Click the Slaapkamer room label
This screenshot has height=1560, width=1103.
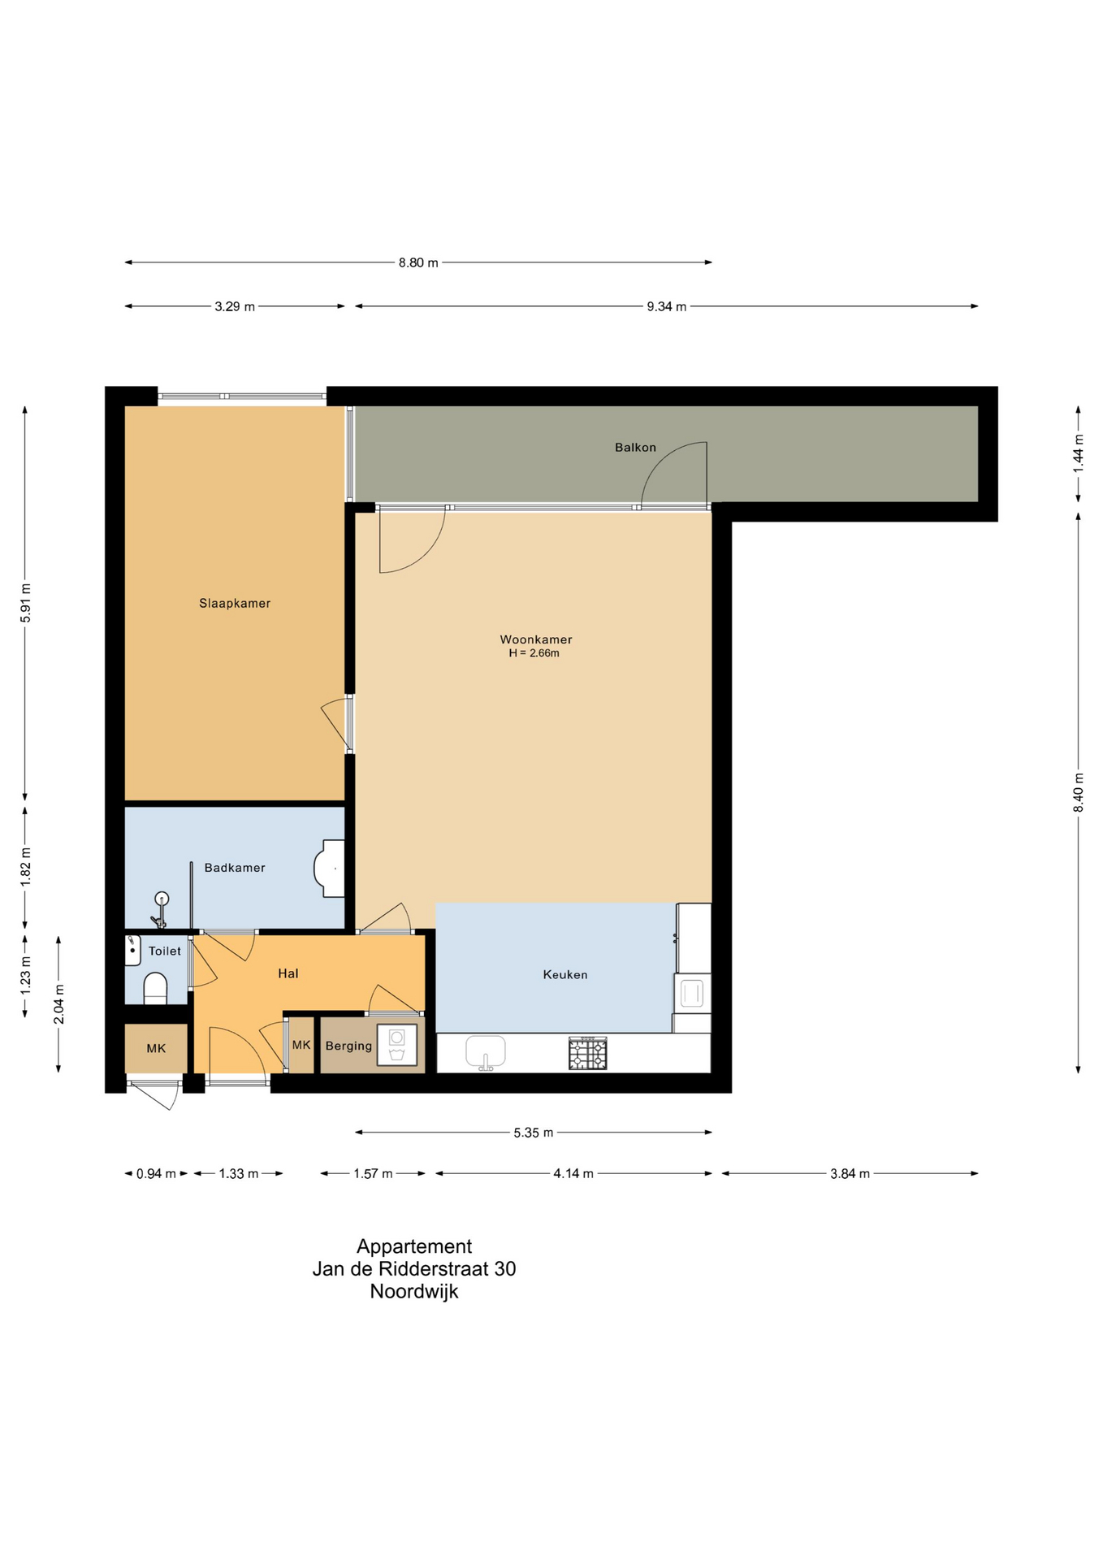(x=235, y=603)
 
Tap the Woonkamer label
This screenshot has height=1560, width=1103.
(x=536, y=639)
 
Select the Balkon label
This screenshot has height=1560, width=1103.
(x=635, y=447)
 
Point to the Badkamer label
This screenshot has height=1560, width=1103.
(x=235, y=868)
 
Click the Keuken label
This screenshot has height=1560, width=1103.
(x=565, y=974)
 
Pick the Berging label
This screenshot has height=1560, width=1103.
(x=348, y=1046)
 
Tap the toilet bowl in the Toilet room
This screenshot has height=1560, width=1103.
(x=155, y=989)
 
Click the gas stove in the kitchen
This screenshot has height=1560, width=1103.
(x=588, y=1054)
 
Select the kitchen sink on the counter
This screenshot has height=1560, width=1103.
(x=486, y=1053)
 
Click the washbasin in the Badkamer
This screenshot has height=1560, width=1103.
(x=329, y=869)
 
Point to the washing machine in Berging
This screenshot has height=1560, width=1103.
(x=397, y=1045)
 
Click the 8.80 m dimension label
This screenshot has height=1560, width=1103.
(x=418, y=262)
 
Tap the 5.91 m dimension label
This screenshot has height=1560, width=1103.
(x=25, y=603)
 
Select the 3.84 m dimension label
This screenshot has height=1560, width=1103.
(x=850, y=1173)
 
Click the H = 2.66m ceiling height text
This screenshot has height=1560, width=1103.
(x=534, y=652)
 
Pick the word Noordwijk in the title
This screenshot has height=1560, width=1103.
(x=414, y=1291)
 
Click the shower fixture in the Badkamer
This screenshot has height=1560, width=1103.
(x=160, y=909)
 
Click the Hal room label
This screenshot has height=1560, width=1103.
(x=288, y=973)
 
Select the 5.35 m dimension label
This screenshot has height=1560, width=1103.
(x=534, y=1133)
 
